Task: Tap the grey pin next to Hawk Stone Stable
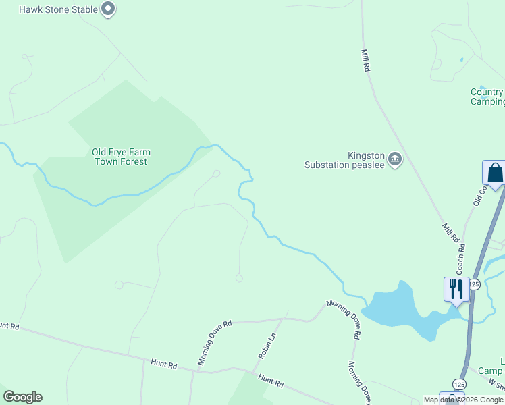[x=108, y=9]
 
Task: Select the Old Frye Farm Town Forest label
[x=119, y=157]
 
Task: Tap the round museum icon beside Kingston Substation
[x=396, y=160]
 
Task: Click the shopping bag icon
[x=495, y=173]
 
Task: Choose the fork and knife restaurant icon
[x=456, y=289]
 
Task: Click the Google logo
[x=22, y=397]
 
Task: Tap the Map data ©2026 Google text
[x=463, y=400]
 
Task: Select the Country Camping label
[x=487, y=97]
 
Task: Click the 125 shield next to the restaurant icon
[x=475, y=285]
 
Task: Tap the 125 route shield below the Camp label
[x=459, y=384]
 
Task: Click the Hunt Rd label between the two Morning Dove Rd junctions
[x=163, y=365]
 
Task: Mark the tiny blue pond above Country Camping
[x=462, y=60]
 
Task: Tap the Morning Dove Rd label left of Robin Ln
[x=215, y=343]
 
